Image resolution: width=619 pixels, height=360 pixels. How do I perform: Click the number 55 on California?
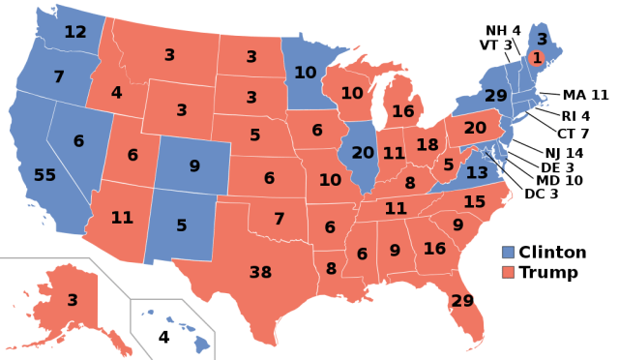click(x=44, y=175)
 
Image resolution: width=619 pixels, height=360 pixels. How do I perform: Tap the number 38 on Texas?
click(x=260, y=272)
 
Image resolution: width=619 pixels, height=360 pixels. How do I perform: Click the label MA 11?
click(x=585, y=94)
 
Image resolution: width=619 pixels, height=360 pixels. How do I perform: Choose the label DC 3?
click(x=542, y=194)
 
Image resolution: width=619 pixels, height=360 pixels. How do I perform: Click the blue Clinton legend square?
click(x=508, y=253)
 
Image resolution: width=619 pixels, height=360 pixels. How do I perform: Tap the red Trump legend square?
click(x=508, y=273)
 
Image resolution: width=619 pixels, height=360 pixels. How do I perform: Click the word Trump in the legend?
click(x=548, y=273)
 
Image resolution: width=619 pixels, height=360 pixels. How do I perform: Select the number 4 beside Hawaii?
click(x=163, y=338)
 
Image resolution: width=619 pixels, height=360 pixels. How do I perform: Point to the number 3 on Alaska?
click(x=73, y=300)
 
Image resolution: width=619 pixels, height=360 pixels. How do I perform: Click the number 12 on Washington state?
click(x=75, y=32)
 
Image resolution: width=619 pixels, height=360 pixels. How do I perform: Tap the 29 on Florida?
click(x=462, y=301)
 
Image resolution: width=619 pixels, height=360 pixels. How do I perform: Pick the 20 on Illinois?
click(x=364, y=152)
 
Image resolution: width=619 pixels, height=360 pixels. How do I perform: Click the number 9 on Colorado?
click(x=194, y=165)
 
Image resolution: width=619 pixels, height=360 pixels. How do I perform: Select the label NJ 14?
click(x=563, y=153)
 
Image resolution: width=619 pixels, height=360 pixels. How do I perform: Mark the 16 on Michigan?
click(x=403, y=111)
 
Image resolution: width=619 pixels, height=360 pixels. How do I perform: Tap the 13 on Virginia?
click(x=477, y=172)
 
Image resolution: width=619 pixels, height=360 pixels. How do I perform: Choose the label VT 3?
click(x=494, y=45)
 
